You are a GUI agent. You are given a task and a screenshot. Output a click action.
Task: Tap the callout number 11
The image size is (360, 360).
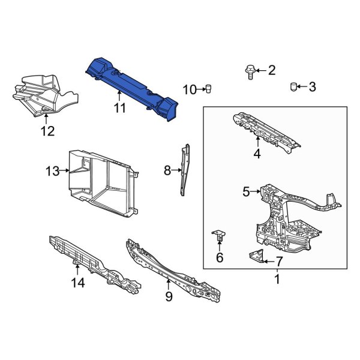click(120, 108)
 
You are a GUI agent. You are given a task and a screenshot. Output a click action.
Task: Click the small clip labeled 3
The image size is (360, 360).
click(294, 87)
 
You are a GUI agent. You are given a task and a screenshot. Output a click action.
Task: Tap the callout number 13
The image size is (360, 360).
click(52, 172)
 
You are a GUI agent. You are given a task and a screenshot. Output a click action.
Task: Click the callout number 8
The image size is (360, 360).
click(167, 171)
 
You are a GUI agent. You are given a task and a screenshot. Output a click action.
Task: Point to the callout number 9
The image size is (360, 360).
click(169, 296)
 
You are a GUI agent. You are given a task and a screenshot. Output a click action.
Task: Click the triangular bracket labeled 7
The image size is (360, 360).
click(255, 257)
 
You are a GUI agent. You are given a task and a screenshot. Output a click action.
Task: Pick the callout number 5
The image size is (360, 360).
click(246, 192)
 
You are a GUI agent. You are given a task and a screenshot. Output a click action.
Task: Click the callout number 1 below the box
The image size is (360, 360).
click(277, 279)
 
